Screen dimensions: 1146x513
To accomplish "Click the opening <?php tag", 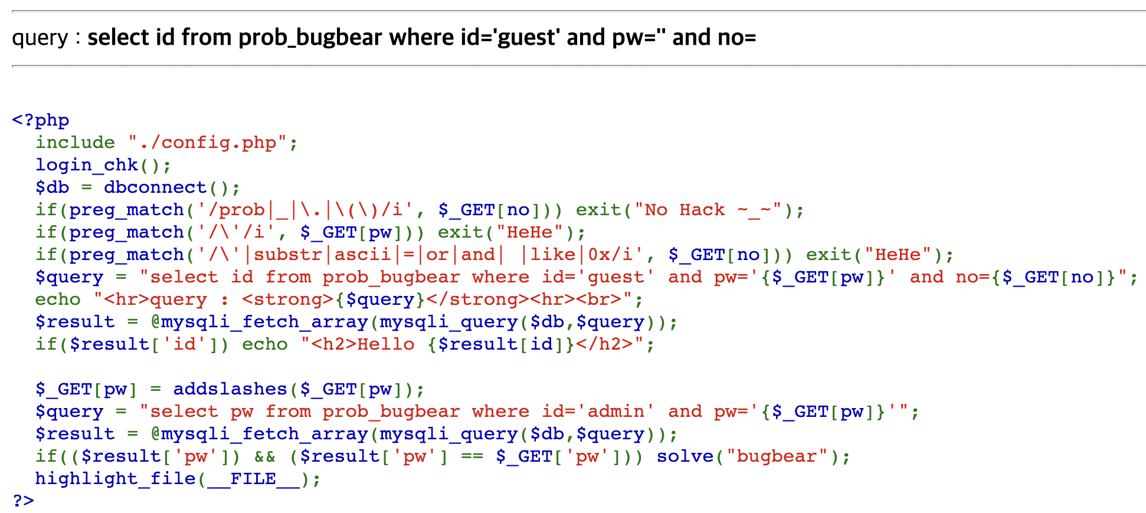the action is click(x=41, y=120).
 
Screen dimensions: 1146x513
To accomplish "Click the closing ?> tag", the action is click(x=24, y=501).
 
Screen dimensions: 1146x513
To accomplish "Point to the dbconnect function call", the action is click(x=155, y=188).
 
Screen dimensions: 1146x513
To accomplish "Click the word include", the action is click(x=75, y=143).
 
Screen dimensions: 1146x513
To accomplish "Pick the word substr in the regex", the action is click(x=287, y=255).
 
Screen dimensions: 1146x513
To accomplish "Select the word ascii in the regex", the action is click(x=362, y=255).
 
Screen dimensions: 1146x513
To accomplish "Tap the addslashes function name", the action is click(x=230, y=389).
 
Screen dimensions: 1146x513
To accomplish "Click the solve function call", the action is click(x=685, y=456).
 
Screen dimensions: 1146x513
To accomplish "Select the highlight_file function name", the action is click(x=115, y=479).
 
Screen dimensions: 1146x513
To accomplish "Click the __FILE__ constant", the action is click(x=253, y=479).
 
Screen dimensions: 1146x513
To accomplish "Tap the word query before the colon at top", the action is click(x=40, y=38).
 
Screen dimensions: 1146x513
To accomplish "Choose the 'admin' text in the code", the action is click(x=615, y=412).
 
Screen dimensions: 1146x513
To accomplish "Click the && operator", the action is click(x=265, y=456).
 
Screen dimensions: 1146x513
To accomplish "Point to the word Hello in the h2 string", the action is click(x=386, y=344).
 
